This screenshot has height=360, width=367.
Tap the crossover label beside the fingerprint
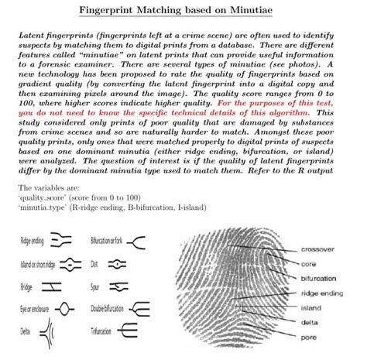(x=317, y=249)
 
